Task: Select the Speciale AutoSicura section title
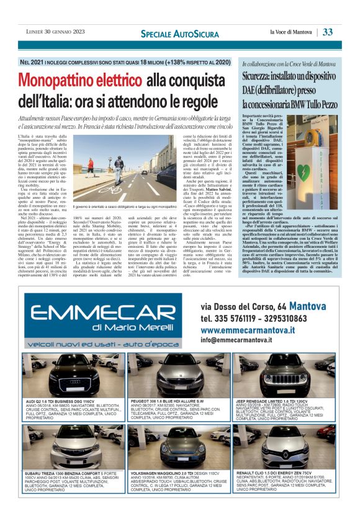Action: (169, 32)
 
